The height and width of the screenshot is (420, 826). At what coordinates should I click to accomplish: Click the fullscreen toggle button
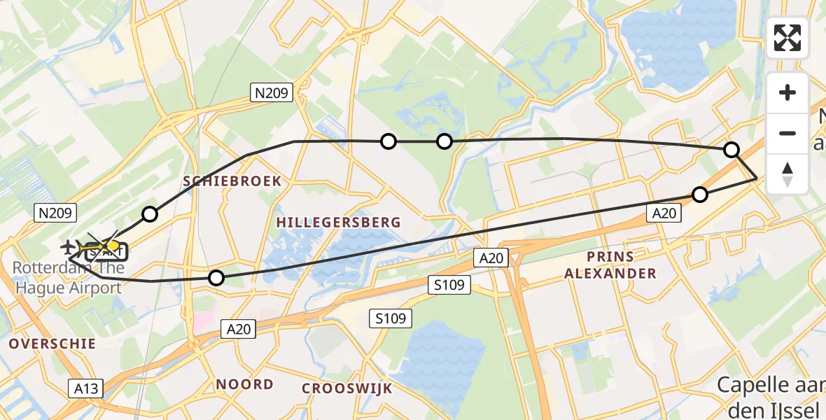(x=787, y=38)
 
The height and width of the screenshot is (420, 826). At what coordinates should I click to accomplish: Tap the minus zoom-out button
(x=787, y=133)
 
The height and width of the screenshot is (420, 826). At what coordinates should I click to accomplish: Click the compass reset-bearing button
(x=787, y=174)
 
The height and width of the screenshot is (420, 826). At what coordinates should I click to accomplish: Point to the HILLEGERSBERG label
(x=339, y=223)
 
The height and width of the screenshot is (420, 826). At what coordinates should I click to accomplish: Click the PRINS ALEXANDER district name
(x=611, y=265)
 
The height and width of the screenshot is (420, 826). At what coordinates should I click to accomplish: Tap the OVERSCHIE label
(x=52, y=344)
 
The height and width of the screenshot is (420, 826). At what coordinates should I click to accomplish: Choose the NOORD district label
(x=245, y=384)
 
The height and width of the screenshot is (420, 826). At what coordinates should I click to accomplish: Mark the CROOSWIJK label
(x=347, y=388)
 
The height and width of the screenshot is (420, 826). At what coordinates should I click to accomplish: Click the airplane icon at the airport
(x=69, y=246)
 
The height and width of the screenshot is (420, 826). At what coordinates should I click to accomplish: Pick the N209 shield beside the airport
(x=54, y=211)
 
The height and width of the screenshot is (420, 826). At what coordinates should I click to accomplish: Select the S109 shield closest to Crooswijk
(x=390, y=319)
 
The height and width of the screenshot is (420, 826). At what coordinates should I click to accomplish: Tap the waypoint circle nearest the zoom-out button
(x=731, y=150)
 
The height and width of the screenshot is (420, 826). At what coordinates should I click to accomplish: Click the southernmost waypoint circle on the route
(x=217, y=279)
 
